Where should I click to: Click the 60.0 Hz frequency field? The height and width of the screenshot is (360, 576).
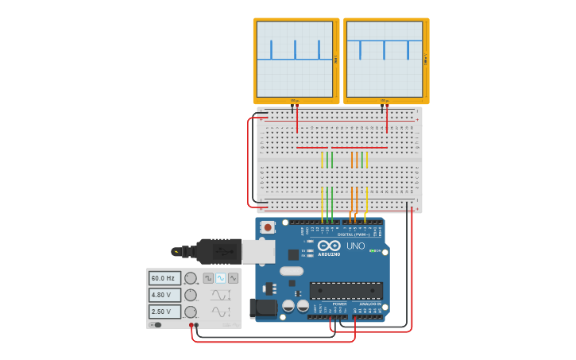click(x=164, y=278)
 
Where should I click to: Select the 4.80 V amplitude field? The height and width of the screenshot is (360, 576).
click(x=164, y=295)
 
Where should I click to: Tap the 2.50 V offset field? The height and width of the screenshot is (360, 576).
click(x=164, y=312)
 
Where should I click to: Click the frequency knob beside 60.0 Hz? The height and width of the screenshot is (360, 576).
click(x=191, y=278)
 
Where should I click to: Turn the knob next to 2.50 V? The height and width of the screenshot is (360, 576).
click(x=191, y=312)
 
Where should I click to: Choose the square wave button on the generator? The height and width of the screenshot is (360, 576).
click(x=208, y=278)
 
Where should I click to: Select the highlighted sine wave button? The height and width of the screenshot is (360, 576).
click(x=221, y=278)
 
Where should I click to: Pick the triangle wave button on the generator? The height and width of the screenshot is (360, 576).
click(x=233, y=278)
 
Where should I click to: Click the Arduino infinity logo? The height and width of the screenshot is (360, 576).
click(x=329, y=246)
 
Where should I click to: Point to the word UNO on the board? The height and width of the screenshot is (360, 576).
click(x=355, y=246)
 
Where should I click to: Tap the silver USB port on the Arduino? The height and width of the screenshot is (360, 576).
click(x=258, y=251)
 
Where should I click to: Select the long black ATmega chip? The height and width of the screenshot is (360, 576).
click(x=346, y=290)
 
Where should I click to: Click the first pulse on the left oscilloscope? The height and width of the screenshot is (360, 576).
click(x=271, y=50)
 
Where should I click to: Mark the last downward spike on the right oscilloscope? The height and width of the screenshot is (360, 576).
click(x=408, y=49)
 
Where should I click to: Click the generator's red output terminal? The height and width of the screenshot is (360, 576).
click(x=191, y=325)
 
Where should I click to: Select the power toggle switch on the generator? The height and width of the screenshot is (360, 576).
click(x=157, y=324)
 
